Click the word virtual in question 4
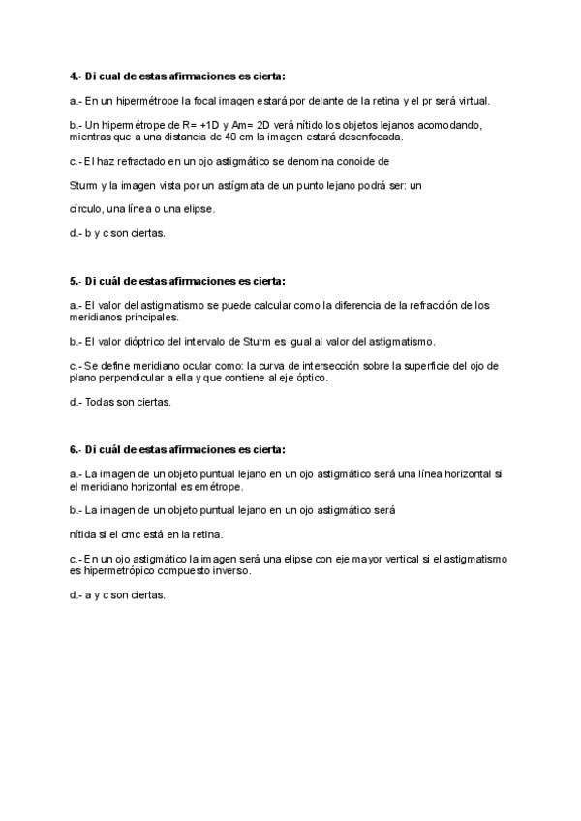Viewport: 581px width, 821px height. (474, 100)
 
